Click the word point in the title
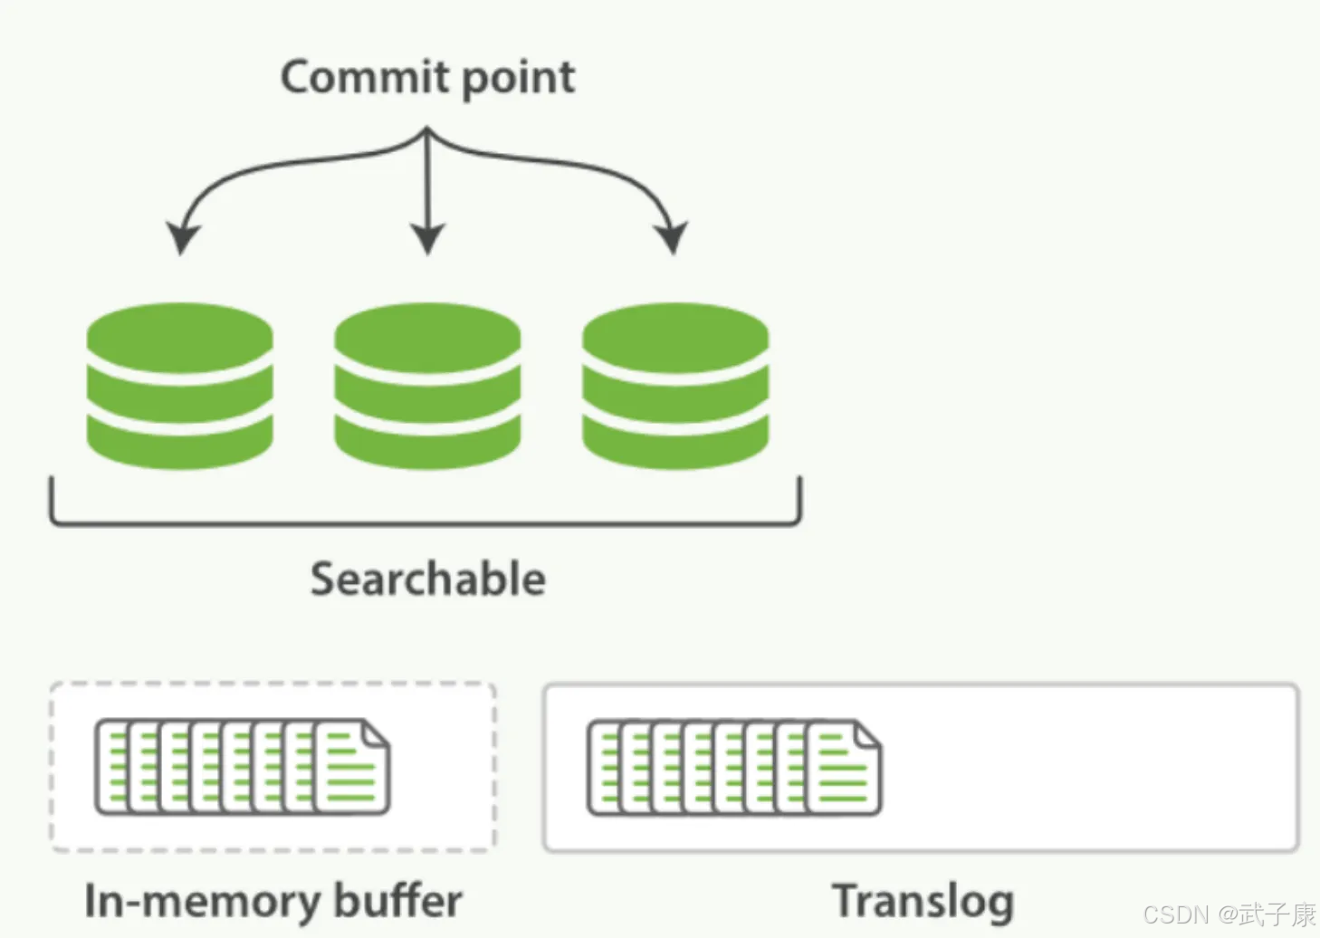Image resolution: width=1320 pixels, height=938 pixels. click(518, 78)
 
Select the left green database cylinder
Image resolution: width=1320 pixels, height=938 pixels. click(179, 386)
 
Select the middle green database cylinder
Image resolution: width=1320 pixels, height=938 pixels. click(427, 386)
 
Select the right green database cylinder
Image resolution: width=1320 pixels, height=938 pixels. click(675, 386)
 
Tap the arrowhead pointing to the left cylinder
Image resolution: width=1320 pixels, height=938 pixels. click(182, 237)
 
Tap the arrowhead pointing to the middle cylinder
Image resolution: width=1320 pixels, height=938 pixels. click(427, 238)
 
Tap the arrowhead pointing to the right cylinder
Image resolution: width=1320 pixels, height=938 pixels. click(672, 237)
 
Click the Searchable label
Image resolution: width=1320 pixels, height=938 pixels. click(427, 579)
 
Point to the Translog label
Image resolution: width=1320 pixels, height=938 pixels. click(923, 902)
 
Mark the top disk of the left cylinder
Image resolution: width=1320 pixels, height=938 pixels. click(179, 335)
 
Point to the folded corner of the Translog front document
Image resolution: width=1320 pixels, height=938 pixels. click(867, 734)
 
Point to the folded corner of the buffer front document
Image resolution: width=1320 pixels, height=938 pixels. click(377, 733)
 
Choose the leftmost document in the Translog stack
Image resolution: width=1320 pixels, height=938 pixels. click(603, 768)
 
